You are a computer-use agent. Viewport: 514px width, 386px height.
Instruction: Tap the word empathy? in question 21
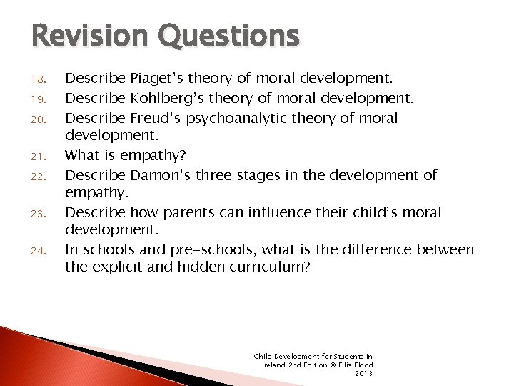(x=150, y=154)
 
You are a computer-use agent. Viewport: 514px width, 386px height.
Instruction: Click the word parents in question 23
(x=185, y=212)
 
